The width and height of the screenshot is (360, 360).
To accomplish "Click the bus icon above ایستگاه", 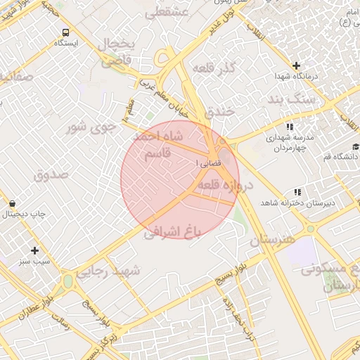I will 65,32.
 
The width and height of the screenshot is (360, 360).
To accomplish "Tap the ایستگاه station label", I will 65,44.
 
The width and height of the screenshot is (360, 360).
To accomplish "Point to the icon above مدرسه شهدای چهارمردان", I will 289,127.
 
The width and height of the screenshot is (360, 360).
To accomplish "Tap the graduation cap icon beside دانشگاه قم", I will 356,146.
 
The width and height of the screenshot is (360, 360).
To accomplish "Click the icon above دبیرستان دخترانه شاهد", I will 297,191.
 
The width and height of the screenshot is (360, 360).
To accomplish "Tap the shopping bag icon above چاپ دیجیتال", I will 13,203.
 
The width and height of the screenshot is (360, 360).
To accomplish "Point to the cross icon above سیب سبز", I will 34,250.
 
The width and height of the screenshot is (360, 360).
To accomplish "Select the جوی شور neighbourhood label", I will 90,128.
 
